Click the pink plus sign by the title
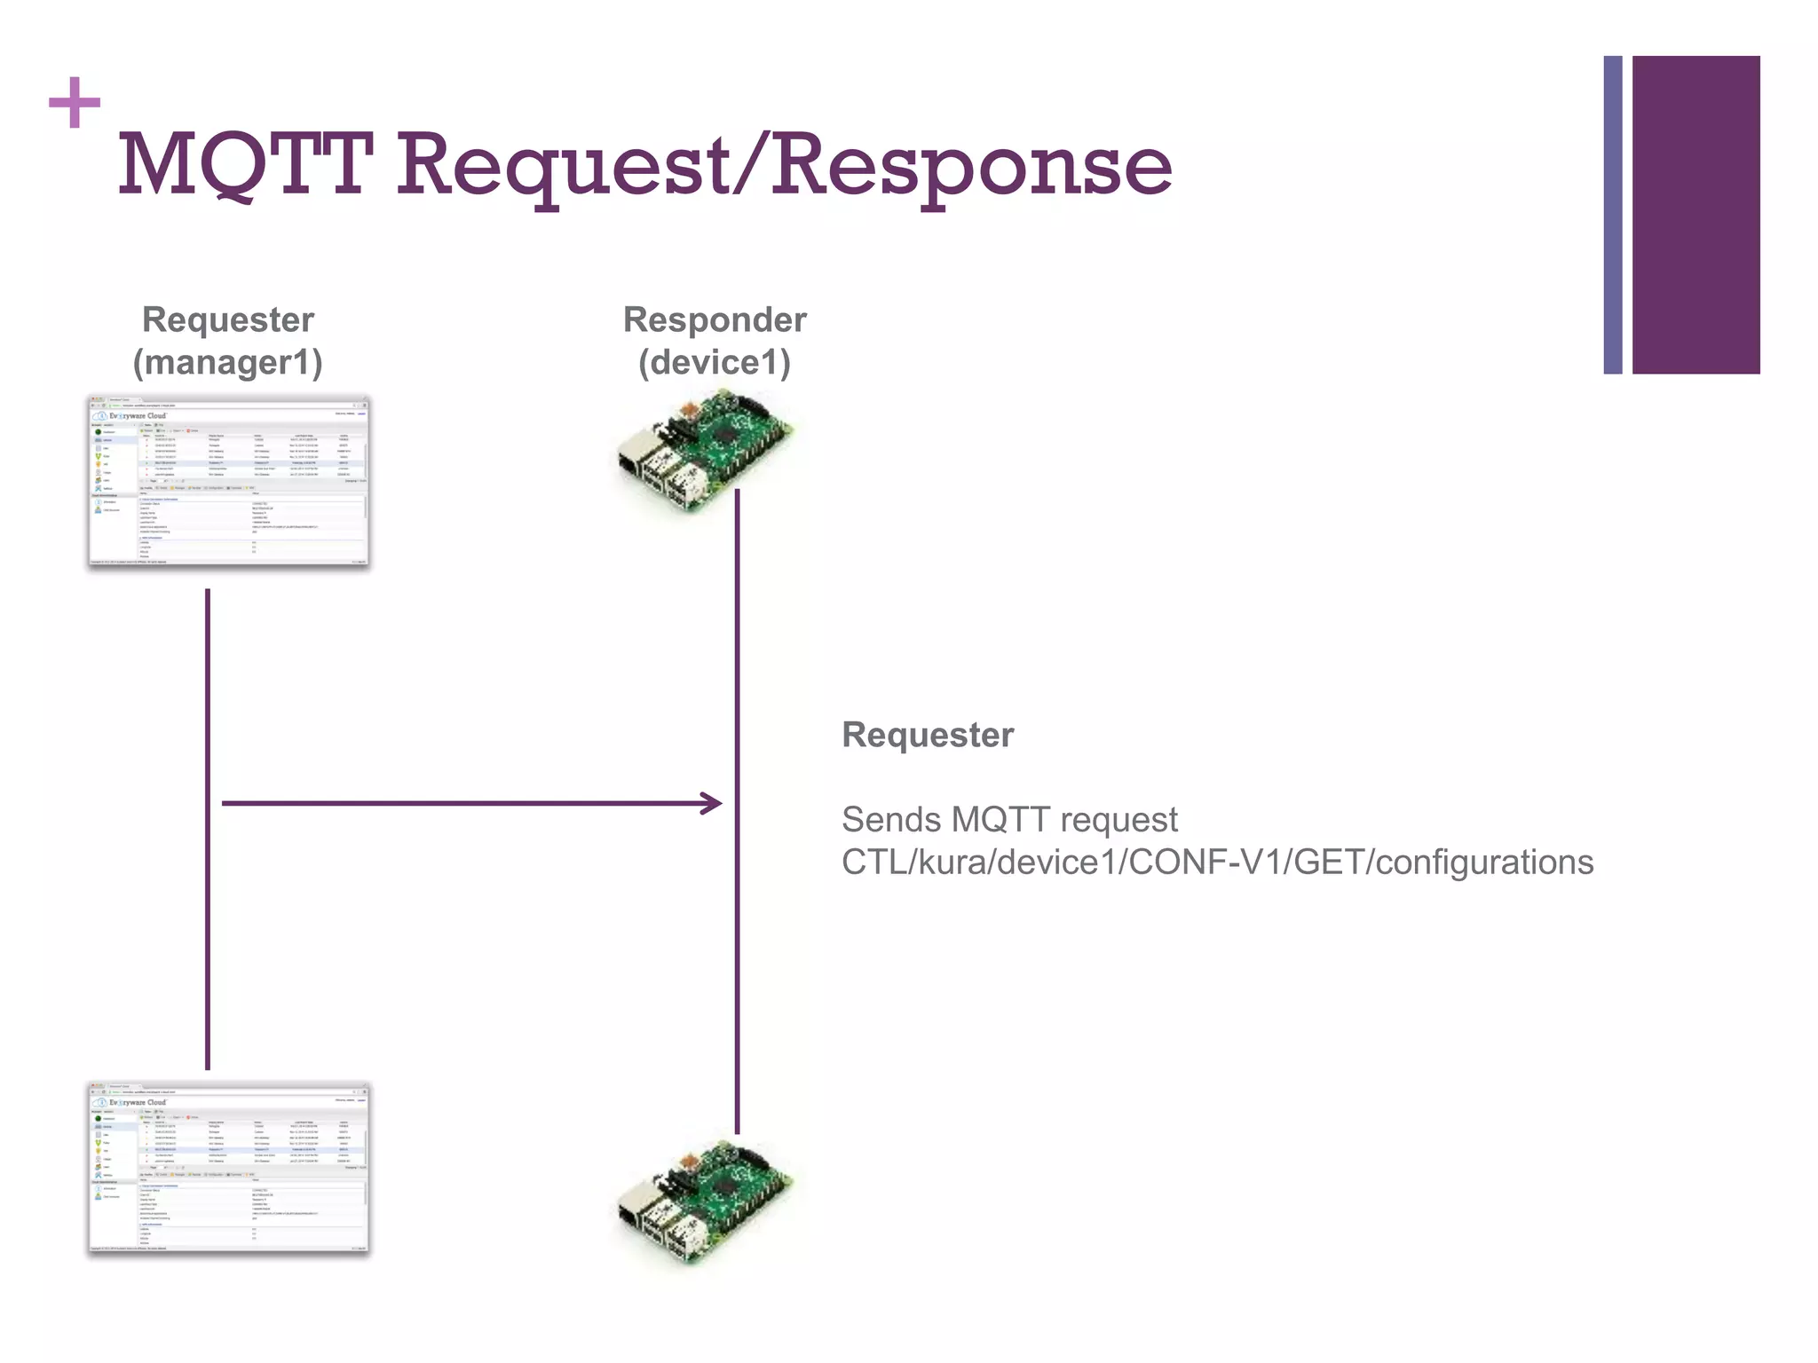(75, 103)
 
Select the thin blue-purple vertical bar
(1612, 215)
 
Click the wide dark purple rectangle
(1695, 215)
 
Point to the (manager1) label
(227, 363)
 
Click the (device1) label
(715, 363)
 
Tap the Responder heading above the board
(715, 319)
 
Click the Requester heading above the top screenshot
(228, 319)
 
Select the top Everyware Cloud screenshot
(228, 482)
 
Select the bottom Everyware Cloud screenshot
(228, 1168)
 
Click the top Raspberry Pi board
(705, 453)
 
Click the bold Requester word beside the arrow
(927, 735)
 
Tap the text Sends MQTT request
(1009, 820)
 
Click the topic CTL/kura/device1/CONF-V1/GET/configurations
(1217, 863)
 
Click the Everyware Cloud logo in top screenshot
(133, 415)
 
